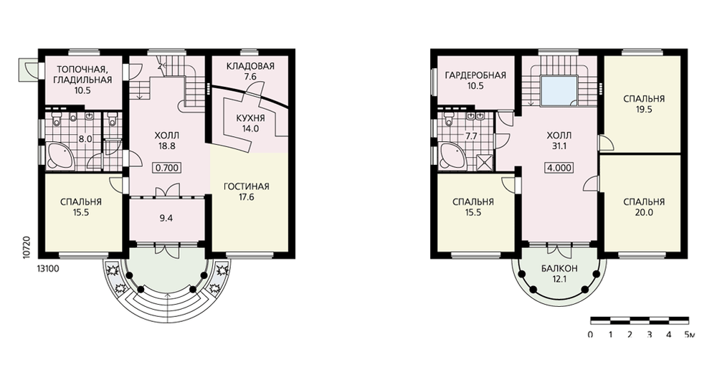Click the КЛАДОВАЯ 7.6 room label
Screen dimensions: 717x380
250,71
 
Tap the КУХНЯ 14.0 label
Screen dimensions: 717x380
250,123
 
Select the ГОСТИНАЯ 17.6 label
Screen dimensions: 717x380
247,192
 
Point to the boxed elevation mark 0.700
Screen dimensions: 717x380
167,168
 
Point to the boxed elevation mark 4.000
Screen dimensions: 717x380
559,168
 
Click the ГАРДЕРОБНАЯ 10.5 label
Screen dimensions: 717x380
475,80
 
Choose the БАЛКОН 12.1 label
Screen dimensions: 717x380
559,273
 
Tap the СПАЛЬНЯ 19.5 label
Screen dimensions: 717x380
643,104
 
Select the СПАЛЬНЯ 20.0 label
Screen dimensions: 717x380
643,207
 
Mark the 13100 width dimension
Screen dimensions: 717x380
47,269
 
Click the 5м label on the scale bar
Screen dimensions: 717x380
689,335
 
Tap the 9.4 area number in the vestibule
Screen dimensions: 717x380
166,218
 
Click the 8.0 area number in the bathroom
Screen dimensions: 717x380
85,139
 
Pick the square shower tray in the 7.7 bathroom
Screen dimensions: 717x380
483,162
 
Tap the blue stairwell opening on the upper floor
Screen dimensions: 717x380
559,92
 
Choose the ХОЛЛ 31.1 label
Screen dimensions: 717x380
559,141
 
